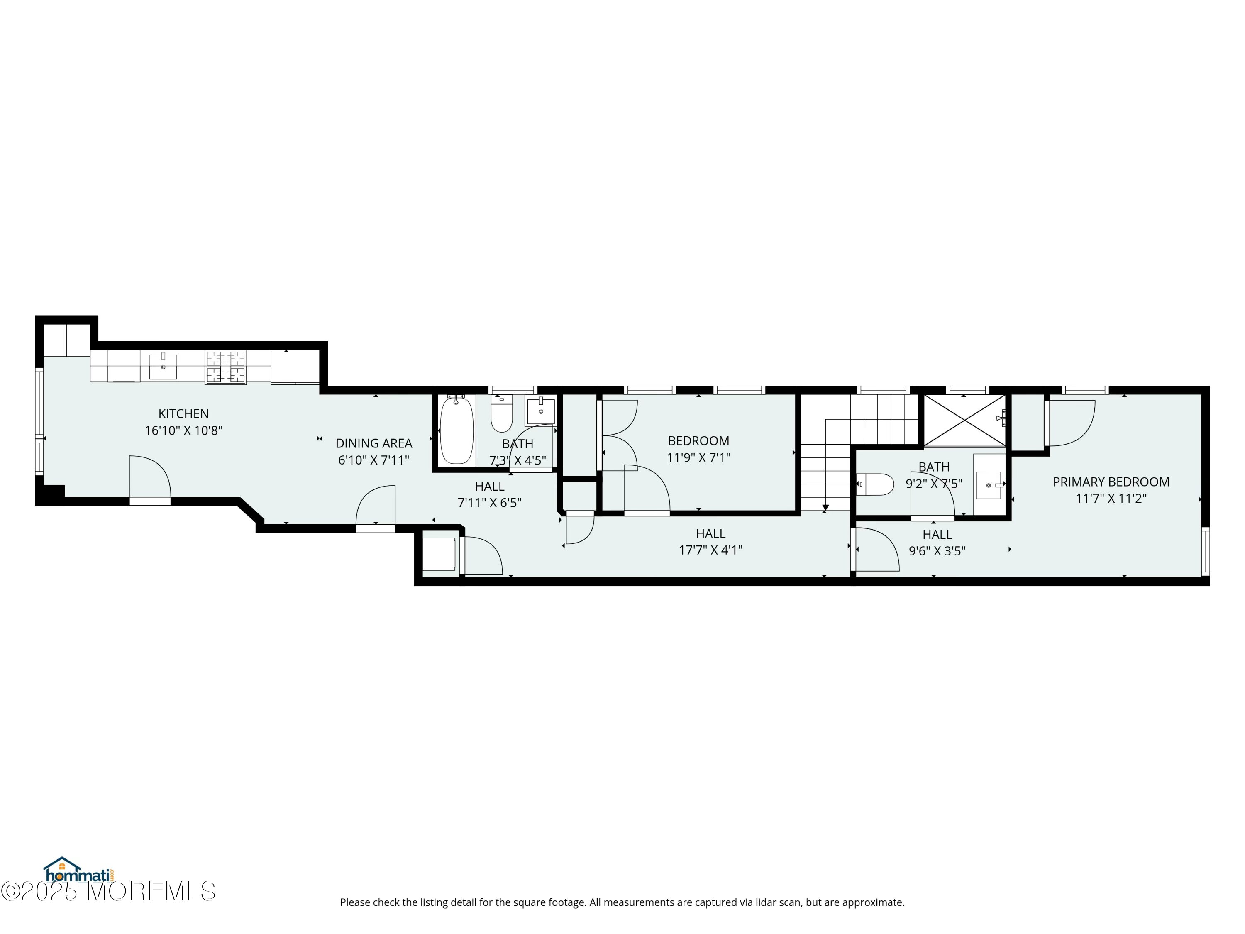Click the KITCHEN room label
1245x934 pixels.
(183, 414)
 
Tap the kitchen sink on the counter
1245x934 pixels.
(163, 366)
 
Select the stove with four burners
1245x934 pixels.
(226, 367)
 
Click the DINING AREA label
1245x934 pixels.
(374, 444)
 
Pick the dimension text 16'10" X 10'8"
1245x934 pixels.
(183, 431)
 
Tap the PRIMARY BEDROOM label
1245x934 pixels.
(1111, 482)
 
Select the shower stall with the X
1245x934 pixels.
(965, 421)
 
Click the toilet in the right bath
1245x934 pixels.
(875, 484)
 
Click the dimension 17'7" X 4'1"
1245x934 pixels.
(711, 550)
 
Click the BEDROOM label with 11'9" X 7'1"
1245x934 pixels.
(698, 441)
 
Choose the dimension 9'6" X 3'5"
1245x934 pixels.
(937, 551)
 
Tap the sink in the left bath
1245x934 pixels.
(541, 411)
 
